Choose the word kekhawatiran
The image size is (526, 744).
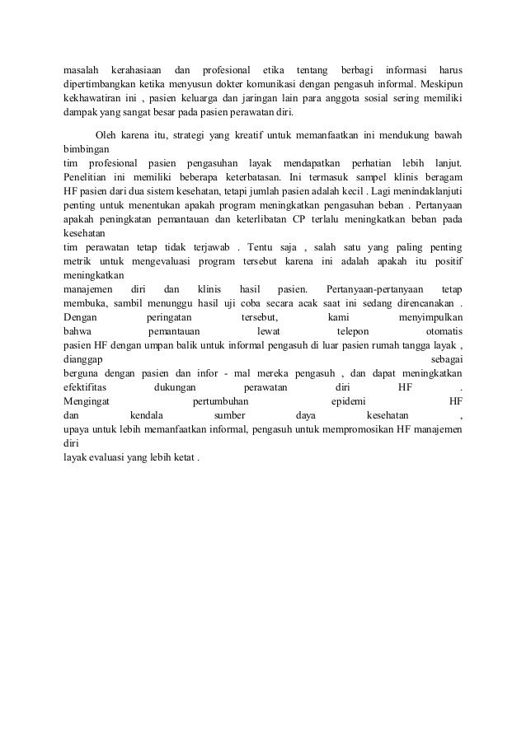pos(95,99)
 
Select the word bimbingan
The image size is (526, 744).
pos(87,150)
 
